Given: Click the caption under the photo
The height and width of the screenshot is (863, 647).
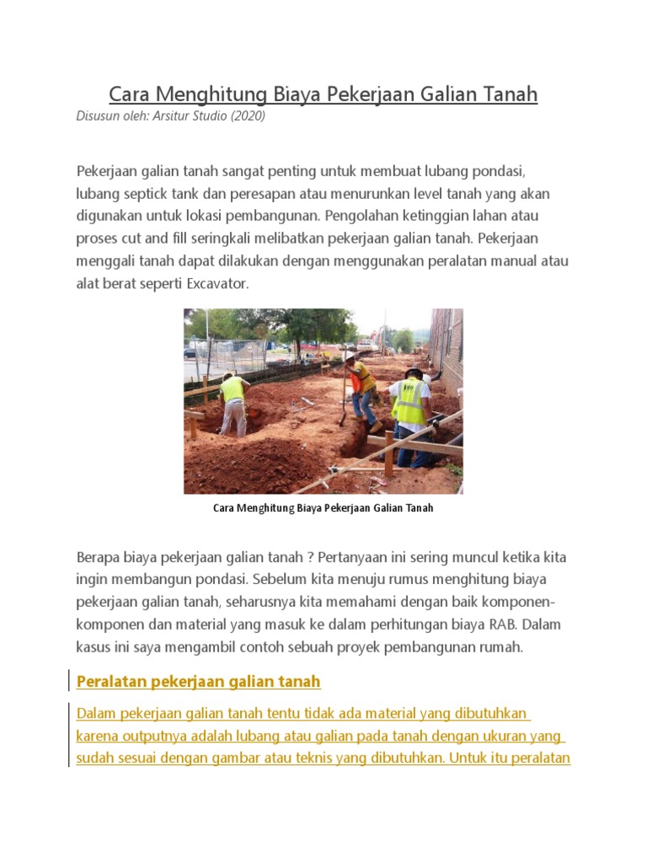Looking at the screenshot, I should (x=323, y=509).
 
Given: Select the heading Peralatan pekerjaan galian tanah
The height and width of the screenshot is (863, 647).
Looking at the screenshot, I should (x=199, y=681).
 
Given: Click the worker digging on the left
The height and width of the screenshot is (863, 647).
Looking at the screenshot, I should (x=233, y=403).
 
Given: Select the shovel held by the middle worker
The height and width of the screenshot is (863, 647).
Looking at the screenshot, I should (x=343, y=396).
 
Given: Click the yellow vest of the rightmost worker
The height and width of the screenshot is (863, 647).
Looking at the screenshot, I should (x=410, y=402).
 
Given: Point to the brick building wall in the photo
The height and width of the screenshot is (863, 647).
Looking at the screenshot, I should (x=446, y=346).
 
